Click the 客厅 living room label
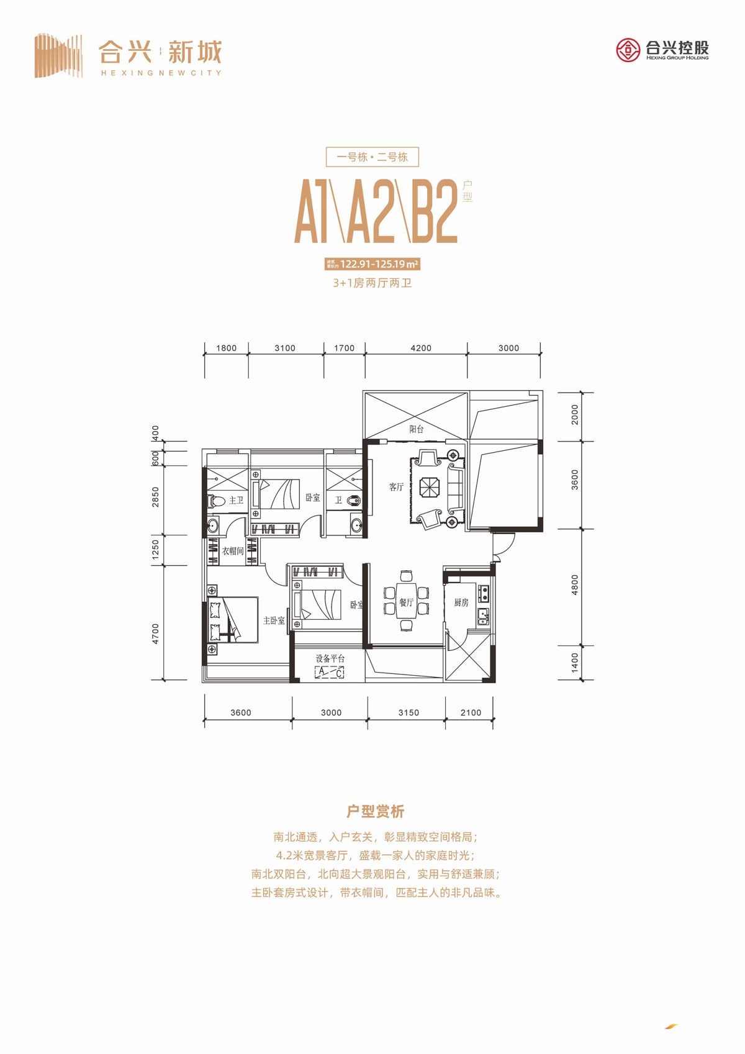point(396,487)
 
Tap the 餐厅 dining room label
point(406,602)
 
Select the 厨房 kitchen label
point(461,602)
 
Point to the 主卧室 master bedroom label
point(273,620)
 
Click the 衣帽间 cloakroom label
point(233,550)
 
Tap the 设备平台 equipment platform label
point(329,658)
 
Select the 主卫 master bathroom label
point(236,500)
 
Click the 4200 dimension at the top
point(420,348)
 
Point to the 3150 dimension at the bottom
point(408,712)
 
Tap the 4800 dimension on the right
point(575,584)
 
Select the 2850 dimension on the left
point(156,496)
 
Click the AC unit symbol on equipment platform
point(329,672)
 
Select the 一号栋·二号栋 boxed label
point(372,157)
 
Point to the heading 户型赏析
point(375,811)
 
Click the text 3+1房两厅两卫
point(372,283)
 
